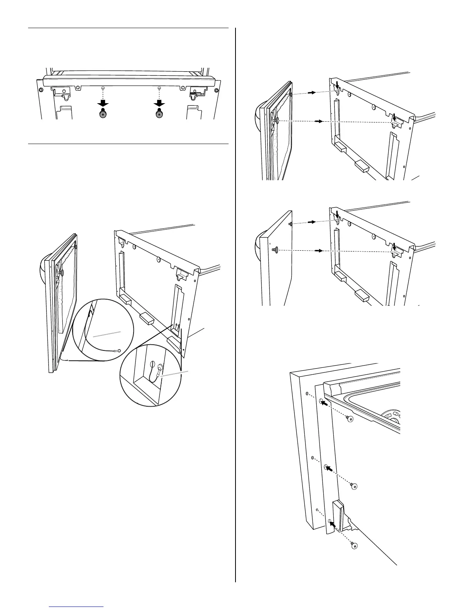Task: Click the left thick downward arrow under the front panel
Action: (103, 103)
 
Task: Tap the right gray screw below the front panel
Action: (159, 113)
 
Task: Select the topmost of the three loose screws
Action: (350, 419)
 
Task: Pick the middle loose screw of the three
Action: (354, 486)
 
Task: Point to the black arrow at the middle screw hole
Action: (329, 469)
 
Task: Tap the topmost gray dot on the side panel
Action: (307, 394)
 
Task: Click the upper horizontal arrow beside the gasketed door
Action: (312, 92)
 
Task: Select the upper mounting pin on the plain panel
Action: (291, 224)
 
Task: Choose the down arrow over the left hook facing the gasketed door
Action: (337, 85)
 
